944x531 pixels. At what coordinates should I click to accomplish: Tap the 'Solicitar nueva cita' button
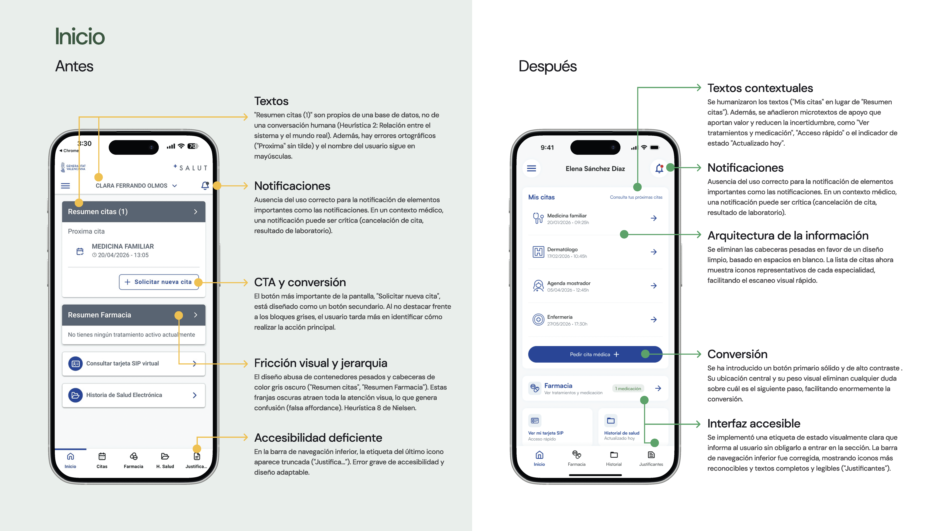[x=159, y=282]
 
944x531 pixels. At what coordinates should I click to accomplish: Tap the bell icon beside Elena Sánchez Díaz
[x=659, y=169]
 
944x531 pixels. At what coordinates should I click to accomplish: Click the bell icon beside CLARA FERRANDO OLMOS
[x=205, y=185]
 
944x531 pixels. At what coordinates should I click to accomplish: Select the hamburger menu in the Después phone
[x=531, y=169]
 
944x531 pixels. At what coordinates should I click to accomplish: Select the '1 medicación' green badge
[x=628, y=388]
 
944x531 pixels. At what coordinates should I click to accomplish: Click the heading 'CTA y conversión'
[x=300, y=282]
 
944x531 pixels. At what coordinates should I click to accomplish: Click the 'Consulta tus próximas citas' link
[x=636, y=197]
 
